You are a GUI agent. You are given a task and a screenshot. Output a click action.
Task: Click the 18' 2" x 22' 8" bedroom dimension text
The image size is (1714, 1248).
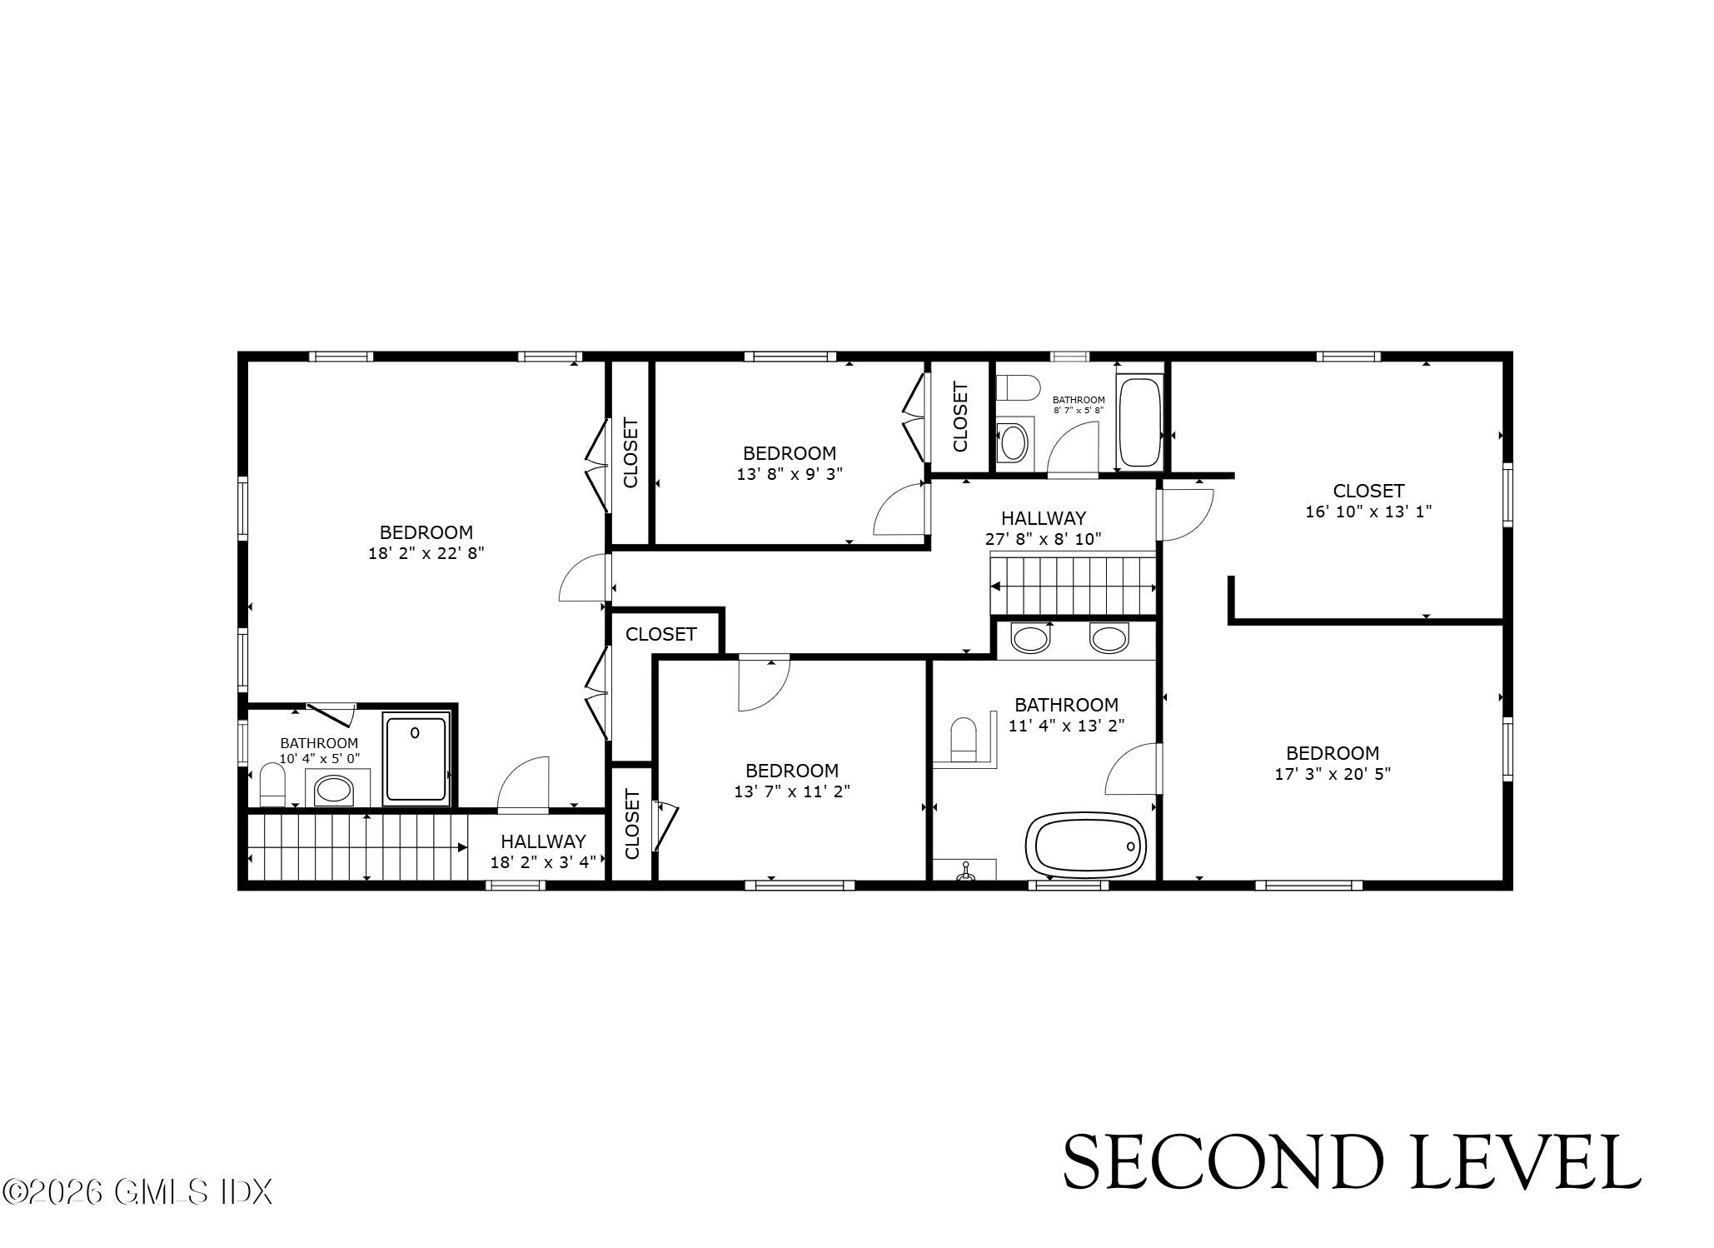pyautogui.click(x=426, y=552)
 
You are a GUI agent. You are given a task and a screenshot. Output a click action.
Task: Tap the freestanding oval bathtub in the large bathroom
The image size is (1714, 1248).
pyautogui.click(x=1085, y=845)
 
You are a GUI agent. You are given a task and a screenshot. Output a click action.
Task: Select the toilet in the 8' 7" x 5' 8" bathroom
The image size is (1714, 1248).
pyautogui.click(x=1018, y=387)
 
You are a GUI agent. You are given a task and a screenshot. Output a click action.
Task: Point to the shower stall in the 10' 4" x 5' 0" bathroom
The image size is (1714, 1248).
pyautogui.click(x=416, y=758)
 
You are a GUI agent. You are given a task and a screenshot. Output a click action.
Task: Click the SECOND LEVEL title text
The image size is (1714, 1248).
pyautogui.click(x=1352, y=1162)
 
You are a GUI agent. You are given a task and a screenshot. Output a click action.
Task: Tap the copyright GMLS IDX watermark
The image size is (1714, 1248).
pyautogui.click(x=137, y=1191)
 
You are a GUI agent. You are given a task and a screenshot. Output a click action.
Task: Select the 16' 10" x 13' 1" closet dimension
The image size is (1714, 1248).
pyautogui.click(x=1368, y=512)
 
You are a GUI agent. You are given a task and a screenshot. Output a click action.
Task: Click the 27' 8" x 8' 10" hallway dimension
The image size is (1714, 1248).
pyautogui.click(x=1043, y=539)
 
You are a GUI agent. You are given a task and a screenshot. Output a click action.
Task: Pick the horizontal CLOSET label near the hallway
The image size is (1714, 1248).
pyautogui.click(x=660, y=634)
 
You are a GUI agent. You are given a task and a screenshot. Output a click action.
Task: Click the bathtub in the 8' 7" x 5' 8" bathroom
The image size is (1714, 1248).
pyautogui.click(x=1139, y=423)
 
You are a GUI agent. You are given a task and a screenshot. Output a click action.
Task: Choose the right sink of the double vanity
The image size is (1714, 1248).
pyautogui.click(x=1109, y=639)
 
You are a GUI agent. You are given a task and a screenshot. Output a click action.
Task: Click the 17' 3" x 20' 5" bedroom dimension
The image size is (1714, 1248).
pyautogui.click(x=1333, y=774)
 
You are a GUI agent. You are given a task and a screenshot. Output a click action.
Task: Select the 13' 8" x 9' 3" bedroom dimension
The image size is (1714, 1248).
pyautogui.click(x=790, y=474)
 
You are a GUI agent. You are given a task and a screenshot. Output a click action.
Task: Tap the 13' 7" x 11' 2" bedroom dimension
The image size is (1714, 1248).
pyautogui.click(x=791, y=791)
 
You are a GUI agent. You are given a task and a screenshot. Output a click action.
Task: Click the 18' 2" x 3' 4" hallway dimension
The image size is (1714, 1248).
pyautogui.click(x=543, y=862)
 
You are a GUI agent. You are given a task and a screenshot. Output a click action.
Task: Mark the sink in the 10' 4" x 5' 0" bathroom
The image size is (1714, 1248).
pyautogui.click(x=334, y=789)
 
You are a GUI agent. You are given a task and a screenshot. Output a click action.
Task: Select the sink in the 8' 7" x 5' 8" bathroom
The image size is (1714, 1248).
pyautogui.click(x=1014, y=442)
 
